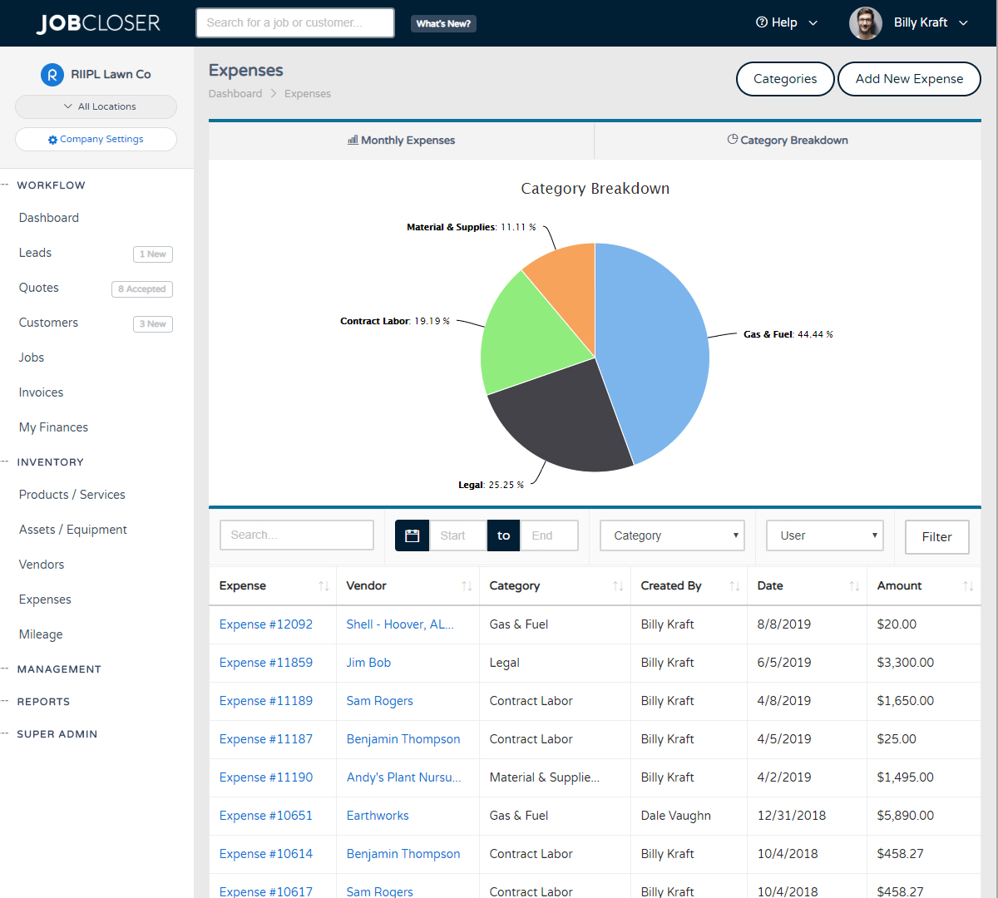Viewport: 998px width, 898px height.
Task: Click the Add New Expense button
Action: [909, 79]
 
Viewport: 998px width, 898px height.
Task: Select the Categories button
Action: [785, 79]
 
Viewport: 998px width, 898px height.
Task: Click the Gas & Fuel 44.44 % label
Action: [788, 334]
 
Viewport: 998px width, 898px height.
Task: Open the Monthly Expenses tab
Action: [402, 141]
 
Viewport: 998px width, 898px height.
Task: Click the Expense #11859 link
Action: [266, 663]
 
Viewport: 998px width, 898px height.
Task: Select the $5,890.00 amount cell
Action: [905, 816]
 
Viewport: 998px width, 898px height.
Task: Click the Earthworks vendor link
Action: [378, 816]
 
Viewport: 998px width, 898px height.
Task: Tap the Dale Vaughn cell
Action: [675, 816]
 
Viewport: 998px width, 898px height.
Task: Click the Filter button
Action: [936, 537]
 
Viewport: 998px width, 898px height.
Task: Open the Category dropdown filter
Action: [672, 535]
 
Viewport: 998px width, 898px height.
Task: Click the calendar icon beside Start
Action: [412, 535]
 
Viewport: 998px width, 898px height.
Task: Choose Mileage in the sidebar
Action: [41, 634]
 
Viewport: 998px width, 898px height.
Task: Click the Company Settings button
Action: [96, 139]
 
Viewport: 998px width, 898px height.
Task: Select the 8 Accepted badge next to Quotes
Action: [142, 289]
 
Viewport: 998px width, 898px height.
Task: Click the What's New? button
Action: [443, 23]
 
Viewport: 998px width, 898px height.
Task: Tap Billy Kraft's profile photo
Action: [865, 23]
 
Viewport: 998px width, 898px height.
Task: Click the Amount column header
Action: [899, 586]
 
